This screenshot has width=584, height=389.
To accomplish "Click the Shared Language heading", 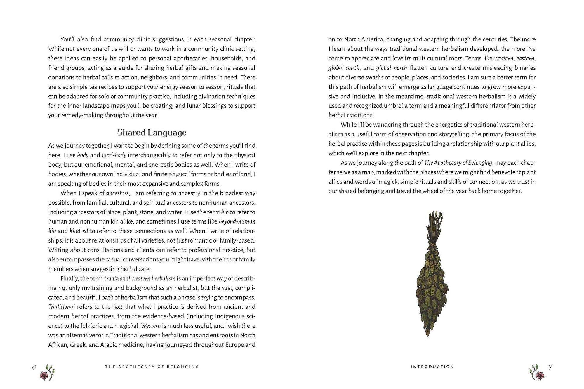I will click(152, 133).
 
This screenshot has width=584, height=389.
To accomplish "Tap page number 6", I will click(34, 368).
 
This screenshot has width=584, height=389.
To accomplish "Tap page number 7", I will click(550, 368).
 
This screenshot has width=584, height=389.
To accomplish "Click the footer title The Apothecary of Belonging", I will click(152, 367).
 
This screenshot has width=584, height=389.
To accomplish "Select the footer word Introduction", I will click(432, 367).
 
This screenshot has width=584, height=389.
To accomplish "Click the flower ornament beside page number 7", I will click(537, 373).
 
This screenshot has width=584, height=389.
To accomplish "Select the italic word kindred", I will click(79, 231).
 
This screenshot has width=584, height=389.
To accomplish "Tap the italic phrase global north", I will click(391, 68).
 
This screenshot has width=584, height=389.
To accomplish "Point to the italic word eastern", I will click(525, 58).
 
